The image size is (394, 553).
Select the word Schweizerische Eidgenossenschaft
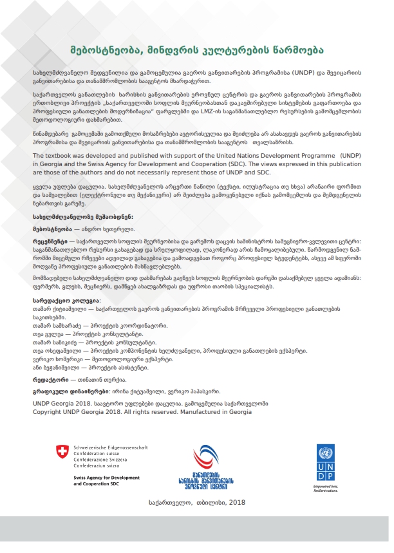(x=110, y=447)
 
